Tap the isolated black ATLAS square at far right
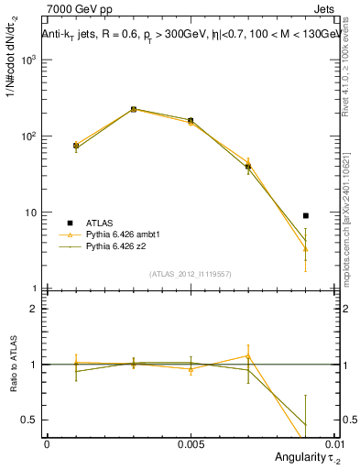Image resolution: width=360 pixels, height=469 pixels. tap(306, 216)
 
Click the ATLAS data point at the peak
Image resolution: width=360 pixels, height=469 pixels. tap(134, 109)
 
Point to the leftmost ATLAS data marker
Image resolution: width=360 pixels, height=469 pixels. tap(76, 146)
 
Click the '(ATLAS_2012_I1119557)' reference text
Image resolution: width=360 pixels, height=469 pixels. tap(190, 274)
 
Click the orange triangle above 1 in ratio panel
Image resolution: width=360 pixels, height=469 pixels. tap(248, 355)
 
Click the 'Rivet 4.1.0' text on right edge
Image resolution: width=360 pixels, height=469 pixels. tap(351, 82)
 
